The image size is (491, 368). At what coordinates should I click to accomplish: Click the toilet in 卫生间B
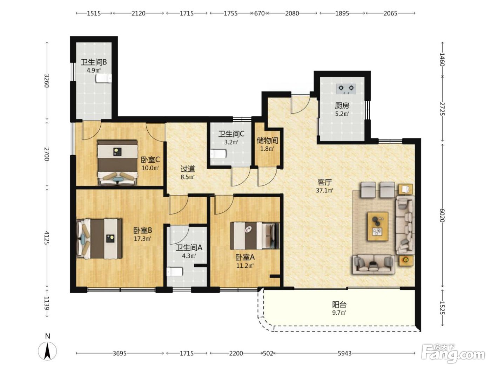pos(104,79)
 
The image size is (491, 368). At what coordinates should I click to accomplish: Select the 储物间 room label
pos(267,141)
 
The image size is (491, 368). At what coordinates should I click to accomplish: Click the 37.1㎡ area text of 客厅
pos(324,190)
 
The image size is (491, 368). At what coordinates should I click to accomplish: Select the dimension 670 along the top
pos(260,13)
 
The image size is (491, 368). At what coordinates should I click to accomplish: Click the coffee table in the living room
pos(378,226)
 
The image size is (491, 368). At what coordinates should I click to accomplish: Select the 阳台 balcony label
pos(339,305)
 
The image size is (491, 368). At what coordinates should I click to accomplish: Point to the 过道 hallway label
pos(188,169)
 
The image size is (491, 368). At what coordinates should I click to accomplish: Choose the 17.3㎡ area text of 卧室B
pos(142,239)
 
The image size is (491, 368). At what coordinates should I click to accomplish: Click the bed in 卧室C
pos(117,163)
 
